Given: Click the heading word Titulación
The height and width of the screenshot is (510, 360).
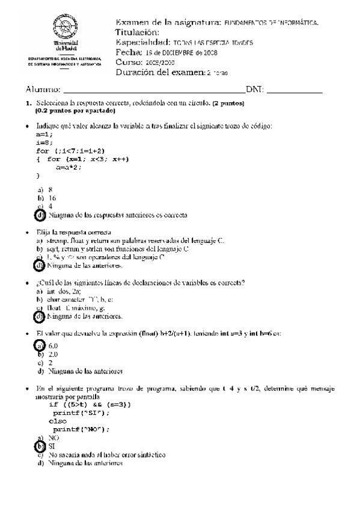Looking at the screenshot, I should [137, 32].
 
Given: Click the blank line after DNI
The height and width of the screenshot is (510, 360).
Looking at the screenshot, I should [294, 91].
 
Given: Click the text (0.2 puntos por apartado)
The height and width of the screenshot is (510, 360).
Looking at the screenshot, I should [75, 111].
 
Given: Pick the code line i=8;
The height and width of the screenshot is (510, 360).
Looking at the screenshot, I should [44, 143].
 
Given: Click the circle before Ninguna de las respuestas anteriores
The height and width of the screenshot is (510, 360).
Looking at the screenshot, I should [40, 215].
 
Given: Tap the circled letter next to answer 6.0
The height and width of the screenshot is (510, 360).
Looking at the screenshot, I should [40, 346].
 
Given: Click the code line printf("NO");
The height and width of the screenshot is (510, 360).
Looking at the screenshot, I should [81, 429].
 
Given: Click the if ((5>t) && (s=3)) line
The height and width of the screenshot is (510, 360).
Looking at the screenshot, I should [89, 405].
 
